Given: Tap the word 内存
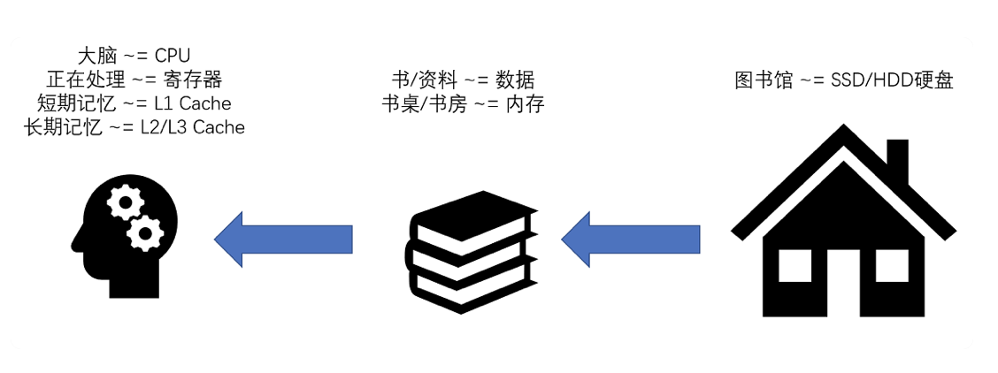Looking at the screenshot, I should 525,104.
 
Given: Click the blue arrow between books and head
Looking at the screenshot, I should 283,238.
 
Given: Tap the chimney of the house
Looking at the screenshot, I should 895,164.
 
